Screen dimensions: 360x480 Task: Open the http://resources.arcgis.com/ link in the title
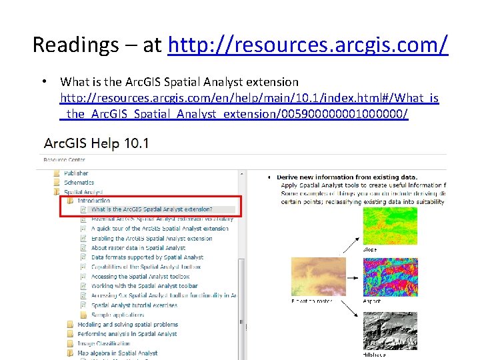click(x=308, y=45)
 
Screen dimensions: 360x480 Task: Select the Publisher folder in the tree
click(x=76, y=173)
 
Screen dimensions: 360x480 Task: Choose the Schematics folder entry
click(x=79, y=183)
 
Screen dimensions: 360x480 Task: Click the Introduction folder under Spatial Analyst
click(x=93, y=201)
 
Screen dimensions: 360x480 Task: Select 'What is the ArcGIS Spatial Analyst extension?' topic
click(x=152, y=209)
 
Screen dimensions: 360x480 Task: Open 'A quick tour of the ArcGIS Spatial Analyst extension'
click(x=159, y=229)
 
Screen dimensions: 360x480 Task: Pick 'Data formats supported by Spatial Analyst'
click(x=147, y=257)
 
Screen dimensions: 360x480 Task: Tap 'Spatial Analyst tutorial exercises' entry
click(x=134, y=305)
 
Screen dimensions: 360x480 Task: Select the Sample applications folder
click(x=117, y=315)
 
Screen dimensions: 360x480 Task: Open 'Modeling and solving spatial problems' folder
click(x=127, y=325)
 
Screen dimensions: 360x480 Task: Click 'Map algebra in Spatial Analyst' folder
click(x=117, y=353)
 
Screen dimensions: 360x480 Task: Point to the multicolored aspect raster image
click(x=390, y=277)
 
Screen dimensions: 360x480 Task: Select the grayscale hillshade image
click(x=390, y=331)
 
